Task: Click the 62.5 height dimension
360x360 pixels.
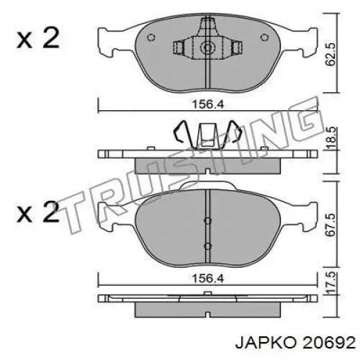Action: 330,55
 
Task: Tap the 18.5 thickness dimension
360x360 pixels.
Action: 330,139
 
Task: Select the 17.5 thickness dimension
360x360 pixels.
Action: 330,282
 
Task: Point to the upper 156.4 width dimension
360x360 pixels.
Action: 208,104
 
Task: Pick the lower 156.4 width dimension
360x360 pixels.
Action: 208,279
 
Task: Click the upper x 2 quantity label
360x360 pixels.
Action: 37,37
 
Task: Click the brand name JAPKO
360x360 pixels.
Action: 266,343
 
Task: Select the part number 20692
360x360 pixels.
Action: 329,343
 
